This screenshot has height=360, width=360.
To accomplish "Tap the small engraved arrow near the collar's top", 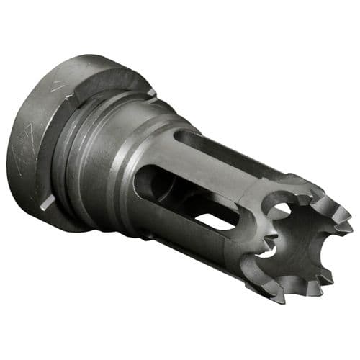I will pos(56,86).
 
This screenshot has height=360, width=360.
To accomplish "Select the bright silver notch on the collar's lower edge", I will pos(45,204).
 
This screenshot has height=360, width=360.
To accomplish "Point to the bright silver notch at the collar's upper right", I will pos(150,92).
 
